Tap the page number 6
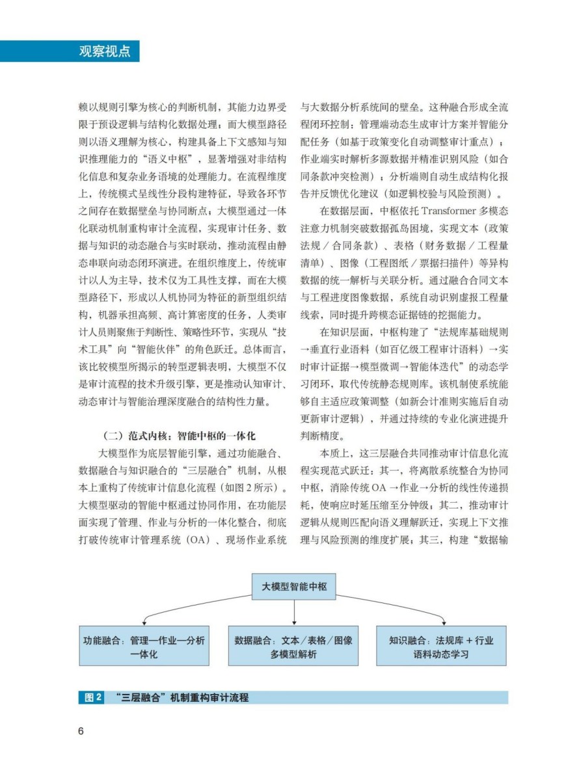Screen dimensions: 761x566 coord(81,730)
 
